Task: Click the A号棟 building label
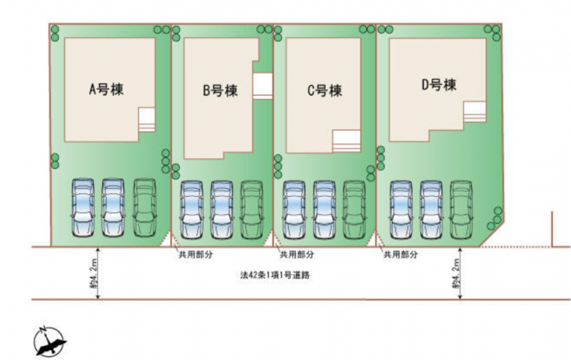point(106,89)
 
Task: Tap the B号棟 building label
point(220,91)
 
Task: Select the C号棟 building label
point(325,91)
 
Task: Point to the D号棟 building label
point(439,85)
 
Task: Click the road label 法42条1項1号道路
point(275,275)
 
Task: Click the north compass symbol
point(49,341)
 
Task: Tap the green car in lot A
point(144,207)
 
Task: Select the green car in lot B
point(252,210)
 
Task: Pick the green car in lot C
point(355,210)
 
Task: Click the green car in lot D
point(461,210)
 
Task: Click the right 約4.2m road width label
point(456,274)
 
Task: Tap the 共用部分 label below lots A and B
point(195,255)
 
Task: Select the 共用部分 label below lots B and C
point(297,255)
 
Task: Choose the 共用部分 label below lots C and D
point(401,255)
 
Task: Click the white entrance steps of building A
point(147,119)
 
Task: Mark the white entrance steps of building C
point(347,141)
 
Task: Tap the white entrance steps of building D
point(475,112)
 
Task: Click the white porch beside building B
point(263,86)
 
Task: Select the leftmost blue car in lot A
point(83,207)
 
